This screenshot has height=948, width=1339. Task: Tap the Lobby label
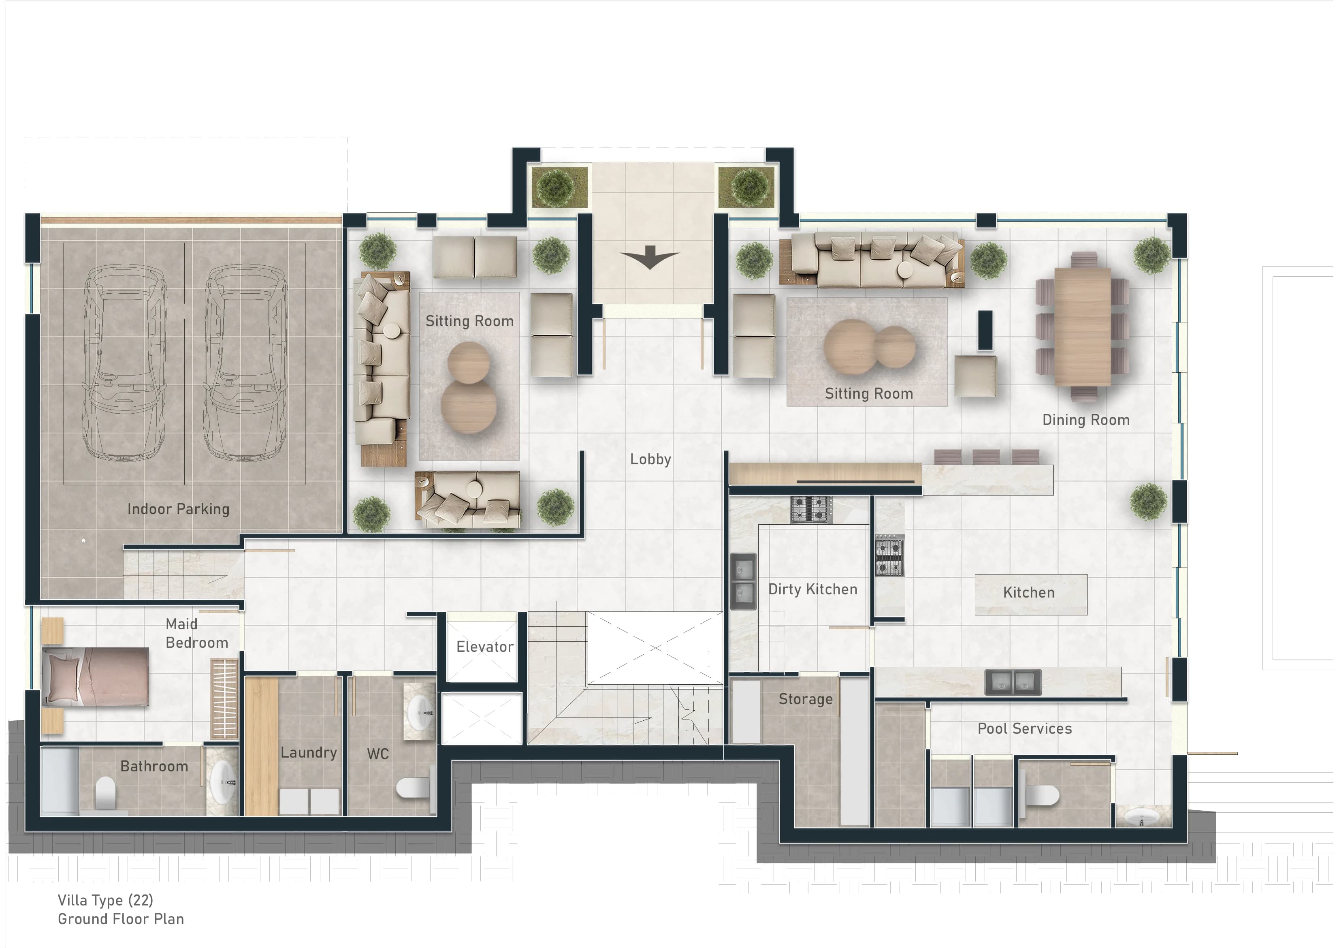click(x=650, y=459)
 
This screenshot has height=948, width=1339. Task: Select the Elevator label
click(x=484, y=647)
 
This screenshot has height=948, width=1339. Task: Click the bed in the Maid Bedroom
click(x=95, y=677)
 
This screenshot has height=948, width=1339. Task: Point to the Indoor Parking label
click(x=178, y=509)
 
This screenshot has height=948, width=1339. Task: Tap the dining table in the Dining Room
click(x=1082, y=326)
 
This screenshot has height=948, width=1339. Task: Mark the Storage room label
click(x=805, y=699)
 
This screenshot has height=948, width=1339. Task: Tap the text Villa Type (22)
click(x=105, y=900)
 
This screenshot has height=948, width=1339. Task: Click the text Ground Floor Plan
click(x=120, y=919)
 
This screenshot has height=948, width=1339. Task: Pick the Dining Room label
click(x=1085, y=420)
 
